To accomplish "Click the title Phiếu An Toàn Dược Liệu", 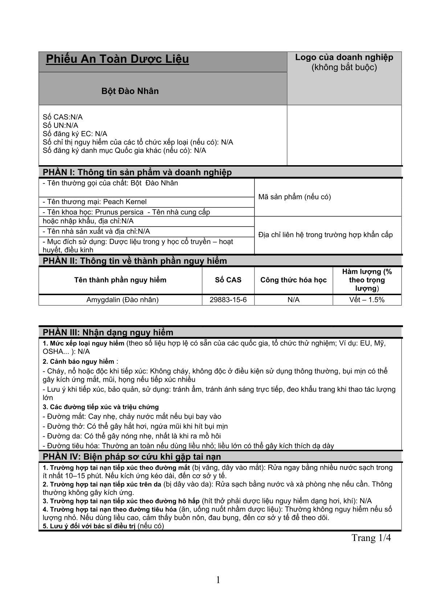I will [117, 59].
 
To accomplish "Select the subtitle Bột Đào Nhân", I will [130, 91].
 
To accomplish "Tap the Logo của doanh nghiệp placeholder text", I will [344, 62].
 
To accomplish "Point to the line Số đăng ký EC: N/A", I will [75, 134].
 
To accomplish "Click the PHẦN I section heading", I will [137, 172].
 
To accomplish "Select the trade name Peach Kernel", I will [125, 201].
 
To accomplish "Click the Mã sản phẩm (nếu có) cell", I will [294, 197].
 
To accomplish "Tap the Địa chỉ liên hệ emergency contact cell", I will [325, 235].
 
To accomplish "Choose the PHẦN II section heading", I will [135, 261].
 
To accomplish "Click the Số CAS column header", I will [228, 280].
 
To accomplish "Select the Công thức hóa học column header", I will [293, 280].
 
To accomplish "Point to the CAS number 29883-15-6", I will [228, 300].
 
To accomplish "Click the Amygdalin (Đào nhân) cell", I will [122, 300].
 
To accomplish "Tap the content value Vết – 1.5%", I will [367, 300].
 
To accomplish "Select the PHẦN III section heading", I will [108, 332].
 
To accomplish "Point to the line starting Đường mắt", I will [132, 416].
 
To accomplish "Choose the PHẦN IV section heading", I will [132, 456].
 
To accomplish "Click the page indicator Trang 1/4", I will [371, 538].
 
